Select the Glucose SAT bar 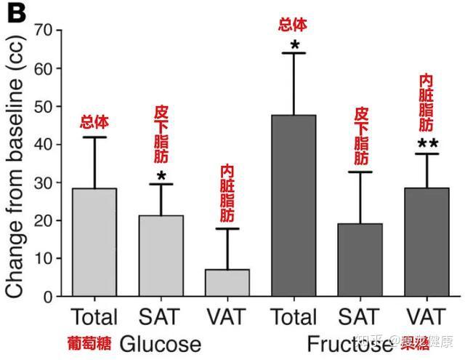(161, 255)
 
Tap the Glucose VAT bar (227, 282)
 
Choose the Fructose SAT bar (360, 260)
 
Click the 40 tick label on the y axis (44, 145)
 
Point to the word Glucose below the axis (160, 343)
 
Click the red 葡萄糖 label (89, 343)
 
